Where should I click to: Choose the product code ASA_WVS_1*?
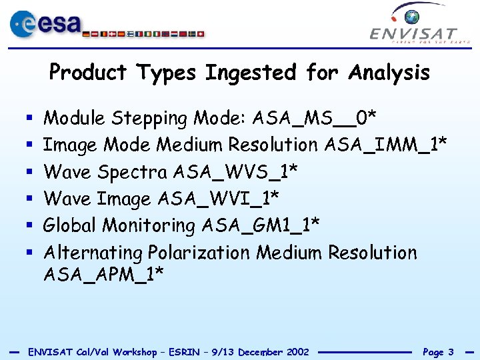(235, 172)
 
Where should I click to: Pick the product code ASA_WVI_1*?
(219, 199)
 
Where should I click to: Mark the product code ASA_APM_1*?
(103, 274)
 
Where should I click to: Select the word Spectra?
(132, 173)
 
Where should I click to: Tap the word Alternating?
(93, 253)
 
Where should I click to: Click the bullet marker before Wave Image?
(29, 199)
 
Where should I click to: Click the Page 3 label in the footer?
(438, 351)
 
